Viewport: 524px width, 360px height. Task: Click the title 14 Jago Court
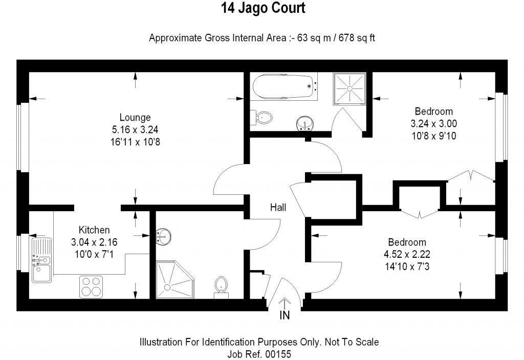263,8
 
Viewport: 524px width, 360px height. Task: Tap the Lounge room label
135,117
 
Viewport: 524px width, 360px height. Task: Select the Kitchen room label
94,230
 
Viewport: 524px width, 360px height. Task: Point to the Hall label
278,208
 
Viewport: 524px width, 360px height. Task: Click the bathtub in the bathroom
283,86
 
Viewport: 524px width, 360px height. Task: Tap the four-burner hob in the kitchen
91,287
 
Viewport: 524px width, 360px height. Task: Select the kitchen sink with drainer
42,260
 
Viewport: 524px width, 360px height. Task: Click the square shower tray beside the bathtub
350,88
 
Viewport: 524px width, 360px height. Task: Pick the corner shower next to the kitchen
174,280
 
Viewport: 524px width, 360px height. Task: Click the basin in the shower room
163,236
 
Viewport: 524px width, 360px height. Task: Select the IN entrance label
285,315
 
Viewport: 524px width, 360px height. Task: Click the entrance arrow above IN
285,304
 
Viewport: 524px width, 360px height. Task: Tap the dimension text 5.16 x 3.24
135,129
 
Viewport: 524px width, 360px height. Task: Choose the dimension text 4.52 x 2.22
407,255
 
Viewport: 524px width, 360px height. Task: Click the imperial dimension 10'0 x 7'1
94,255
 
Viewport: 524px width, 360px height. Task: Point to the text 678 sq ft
357,38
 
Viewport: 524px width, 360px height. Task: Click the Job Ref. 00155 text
259,354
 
